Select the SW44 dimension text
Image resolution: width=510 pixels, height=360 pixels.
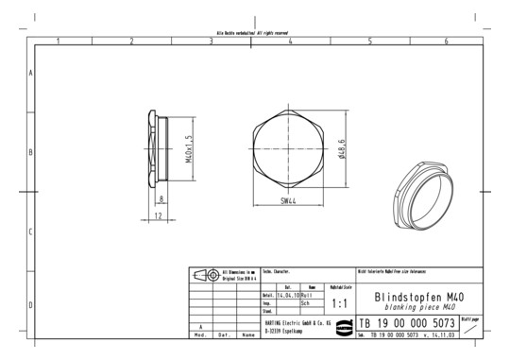(291, 200)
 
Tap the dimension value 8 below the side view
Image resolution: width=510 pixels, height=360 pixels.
(161, 199)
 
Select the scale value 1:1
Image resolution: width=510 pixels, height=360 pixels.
(340, 304)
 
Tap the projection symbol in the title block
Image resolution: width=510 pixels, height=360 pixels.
(204, 275)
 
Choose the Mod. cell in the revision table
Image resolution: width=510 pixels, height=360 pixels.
(200, 334)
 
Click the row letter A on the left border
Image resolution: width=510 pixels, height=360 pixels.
(30, 73)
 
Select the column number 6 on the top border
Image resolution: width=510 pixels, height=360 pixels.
(445, 41)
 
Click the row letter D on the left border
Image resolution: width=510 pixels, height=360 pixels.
(30, 304)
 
